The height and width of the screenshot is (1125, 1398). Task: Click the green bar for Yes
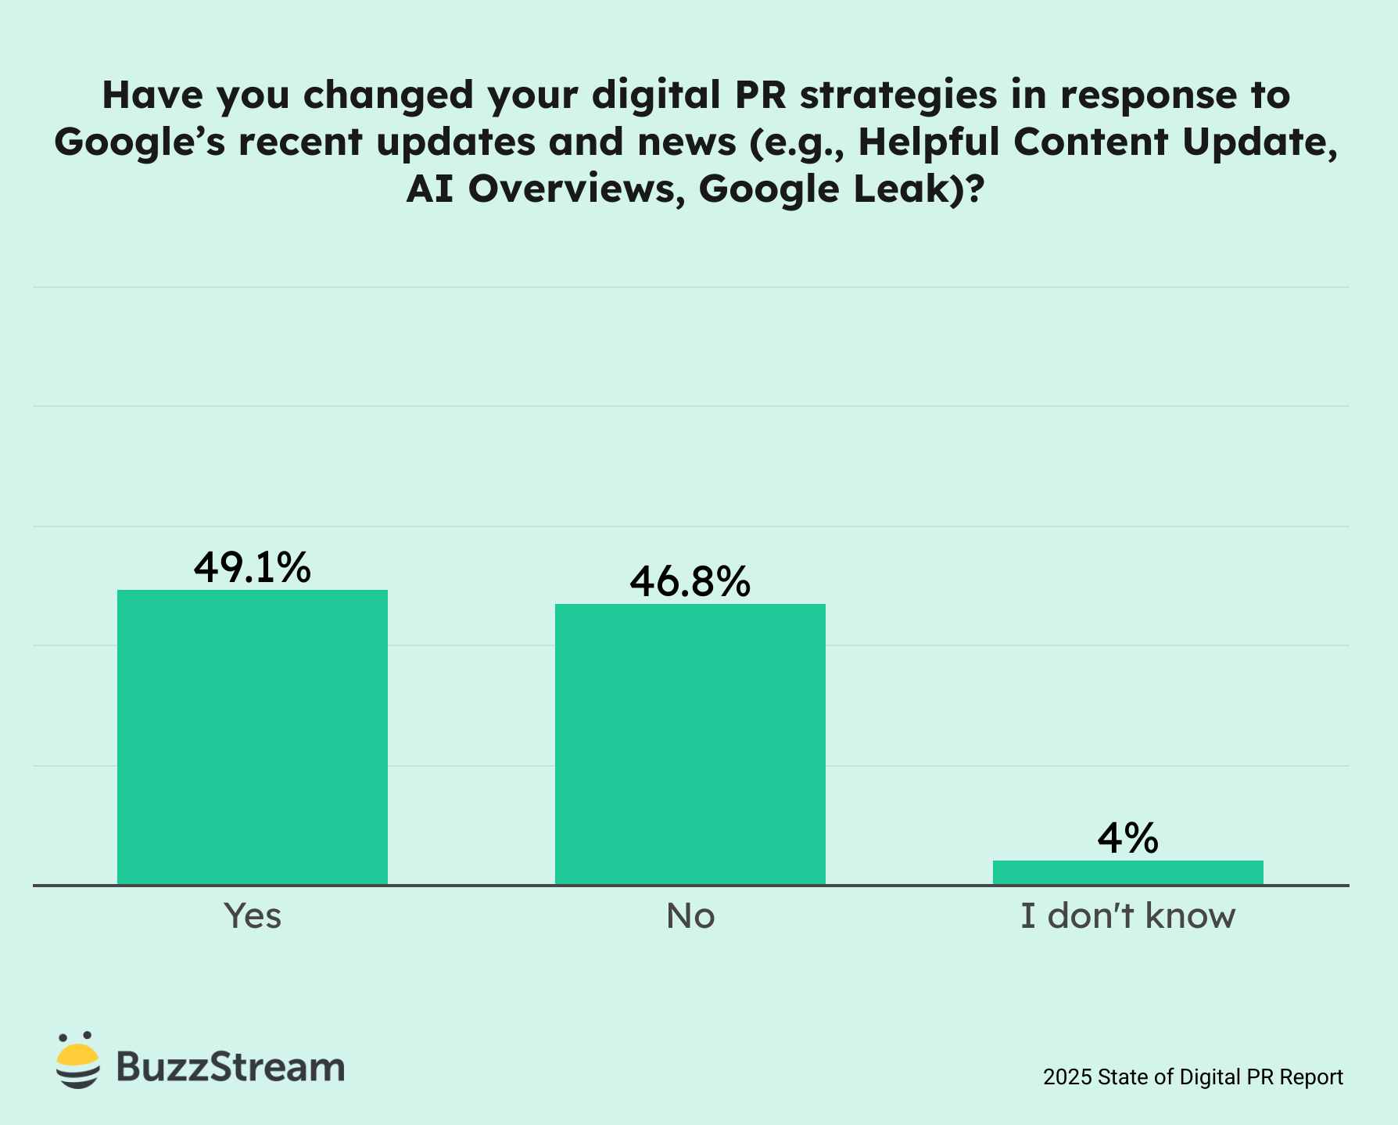click(253, 737)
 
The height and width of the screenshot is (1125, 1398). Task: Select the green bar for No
click(690, 744)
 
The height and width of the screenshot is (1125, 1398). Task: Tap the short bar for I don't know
click(1127, 872)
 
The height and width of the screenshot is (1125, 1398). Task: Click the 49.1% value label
click(253, 567)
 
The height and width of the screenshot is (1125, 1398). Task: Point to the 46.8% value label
click(690, 581)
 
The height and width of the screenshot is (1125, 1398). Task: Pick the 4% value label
click(1127, 839)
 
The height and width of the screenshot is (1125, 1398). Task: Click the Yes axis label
click(253, 915)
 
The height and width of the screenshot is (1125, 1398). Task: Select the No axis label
click(690, 915)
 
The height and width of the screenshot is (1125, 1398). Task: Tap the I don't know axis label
click(1127, 915)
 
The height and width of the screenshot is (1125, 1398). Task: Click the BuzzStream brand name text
click(231, 1066)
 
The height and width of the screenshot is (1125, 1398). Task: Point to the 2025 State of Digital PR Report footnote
click(1193, 1077)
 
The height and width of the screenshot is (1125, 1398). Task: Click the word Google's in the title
click(139, 142)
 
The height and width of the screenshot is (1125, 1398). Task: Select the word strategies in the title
click(898, 95)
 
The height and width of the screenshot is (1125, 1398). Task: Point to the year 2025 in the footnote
click(1067, 1077)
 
